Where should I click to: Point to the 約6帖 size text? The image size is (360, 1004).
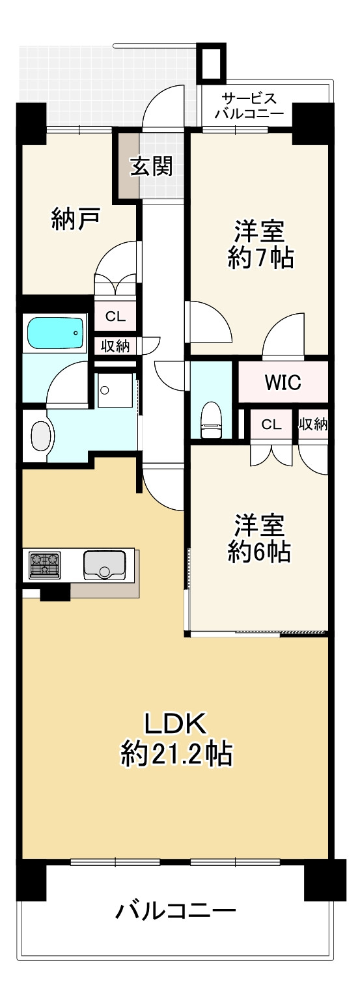tap(258, 552)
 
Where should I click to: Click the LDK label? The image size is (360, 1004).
tap(175, 723)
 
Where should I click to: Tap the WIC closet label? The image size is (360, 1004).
tap(283, 382)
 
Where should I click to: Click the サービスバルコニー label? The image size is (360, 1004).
tap(250, 106)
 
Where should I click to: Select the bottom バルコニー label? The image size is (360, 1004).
tap(175, 910)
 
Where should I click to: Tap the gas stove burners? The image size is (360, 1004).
tap(45, 563)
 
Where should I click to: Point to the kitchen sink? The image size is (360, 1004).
tap(104, 564)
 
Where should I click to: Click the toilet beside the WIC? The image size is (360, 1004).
tap(211, 420)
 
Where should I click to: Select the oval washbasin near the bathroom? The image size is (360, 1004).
tap(41, 436)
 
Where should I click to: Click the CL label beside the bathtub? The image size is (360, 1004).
tap(115, 317)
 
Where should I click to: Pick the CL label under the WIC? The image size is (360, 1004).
tap(271, 425)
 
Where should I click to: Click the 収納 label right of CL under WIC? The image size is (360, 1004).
tap(312, 425)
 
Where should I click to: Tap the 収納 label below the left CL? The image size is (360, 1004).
tap(115, 346)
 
